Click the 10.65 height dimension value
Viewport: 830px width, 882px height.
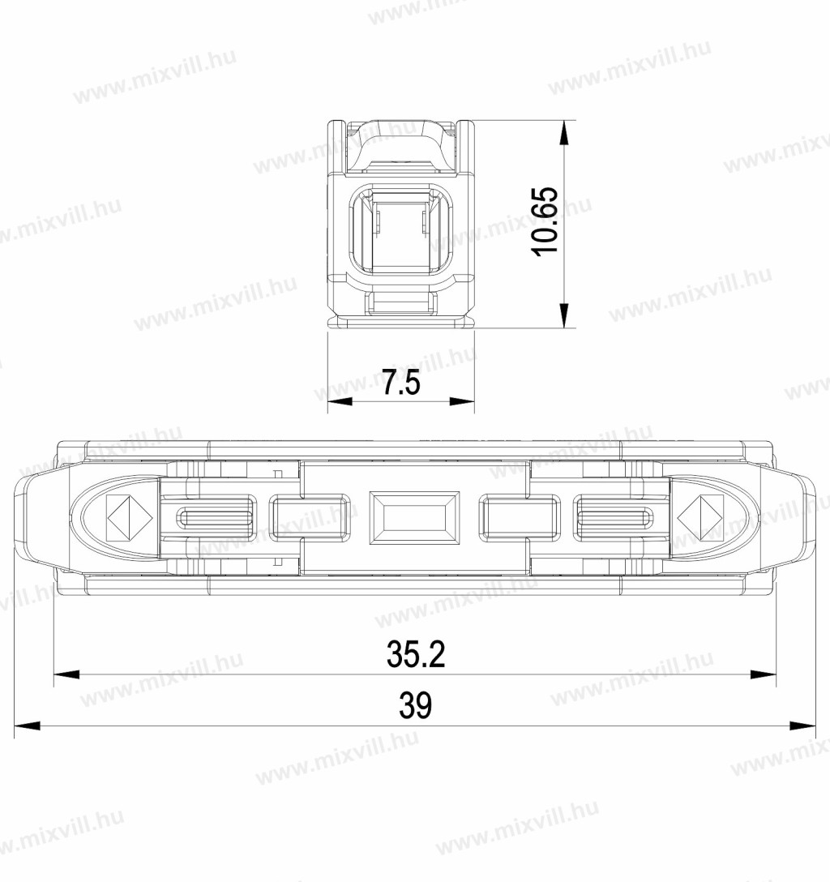(545, 221)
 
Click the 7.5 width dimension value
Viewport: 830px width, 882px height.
(401, 383)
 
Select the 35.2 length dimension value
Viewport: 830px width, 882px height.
(416, 653)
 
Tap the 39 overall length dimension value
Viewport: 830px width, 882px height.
(416, 705)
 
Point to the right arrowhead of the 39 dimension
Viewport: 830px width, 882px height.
(803, 726)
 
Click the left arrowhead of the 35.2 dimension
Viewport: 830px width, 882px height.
(66, 674)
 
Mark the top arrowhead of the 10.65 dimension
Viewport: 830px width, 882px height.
(563, 133)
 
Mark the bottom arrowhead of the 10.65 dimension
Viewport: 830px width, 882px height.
(563, 315)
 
